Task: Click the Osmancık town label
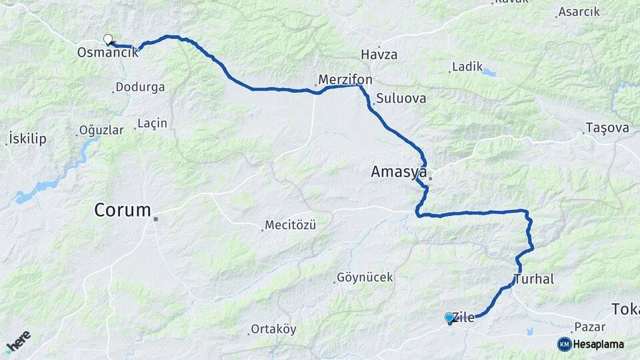click(x=108, y=52)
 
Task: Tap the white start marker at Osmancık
click(x=108, y=39)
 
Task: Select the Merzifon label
click(x=345, y=81)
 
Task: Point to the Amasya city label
click(x=399, y=173)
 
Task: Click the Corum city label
click(x=123, y=211)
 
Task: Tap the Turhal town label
click(x=534, y=279)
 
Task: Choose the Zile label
click(x=464, y=318)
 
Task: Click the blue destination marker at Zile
click(x=450, y=318)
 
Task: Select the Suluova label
click(x=401, y=99)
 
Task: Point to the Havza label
click(x=379, y=55)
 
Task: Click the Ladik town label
click(x=467, y=67)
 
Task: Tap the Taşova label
click(x=607, y=128)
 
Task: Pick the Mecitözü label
click(x=291, y=225)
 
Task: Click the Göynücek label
click(x=365, y=277)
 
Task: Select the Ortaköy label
click(x=273, y=329)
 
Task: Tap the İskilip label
click(x=27, y=139)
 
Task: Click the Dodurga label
click(x=140, y=87)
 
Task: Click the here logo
click(x=19, y=342)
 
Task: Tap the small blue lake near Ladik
click(x=489, y=72)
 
